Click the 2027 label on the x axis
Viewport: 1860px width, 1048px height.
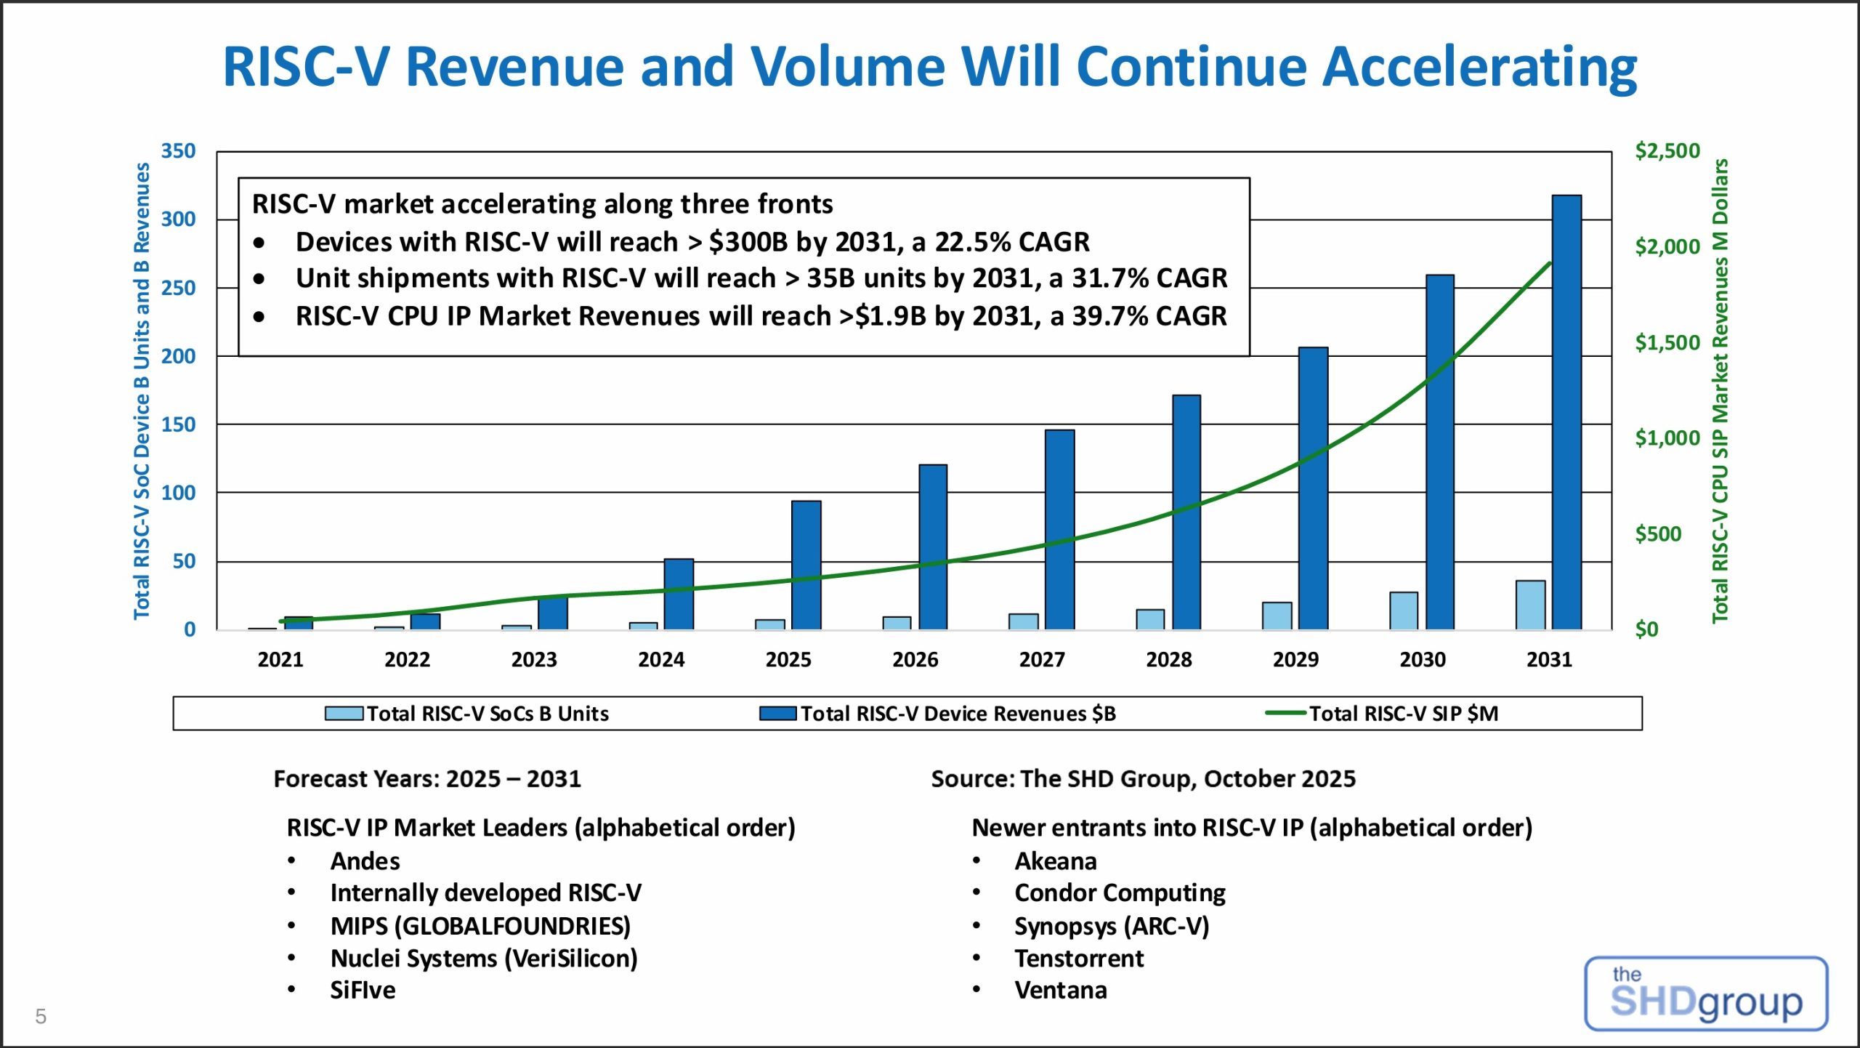coord(1042,660)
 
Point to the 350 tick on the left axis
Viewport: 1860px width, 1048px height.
coord(178,151)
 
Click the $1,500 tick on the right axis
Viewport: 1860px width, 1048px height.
coord(1667,342)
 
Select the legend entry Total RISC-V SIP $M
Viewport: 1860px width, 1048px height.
coord(1404,714)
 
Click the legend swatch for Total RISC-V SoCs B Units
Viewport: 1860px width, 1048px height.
coord(344,714)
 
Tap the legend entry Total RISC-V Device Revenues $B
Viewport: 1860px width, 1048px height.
coord(958,714)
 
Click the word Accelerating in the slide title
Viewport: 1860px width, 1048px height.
coord(1479,67)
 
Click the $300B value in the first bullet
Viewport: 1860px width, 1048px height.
coord(748,242)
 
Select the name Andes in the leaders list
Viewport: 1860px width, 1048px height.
coord(365,861)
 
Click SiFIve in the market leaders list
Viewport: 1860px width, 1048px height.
coord(363,991)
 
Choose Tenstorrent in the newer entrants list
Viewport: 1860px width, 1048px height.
coord(1079,959)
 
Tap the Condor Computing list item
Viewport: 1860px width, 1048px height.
coord(1120,893)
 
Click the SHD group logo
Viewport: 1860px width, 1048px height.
coord(1705,993)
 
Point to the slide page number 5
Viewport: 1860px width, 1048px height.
coord(41,1016)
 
